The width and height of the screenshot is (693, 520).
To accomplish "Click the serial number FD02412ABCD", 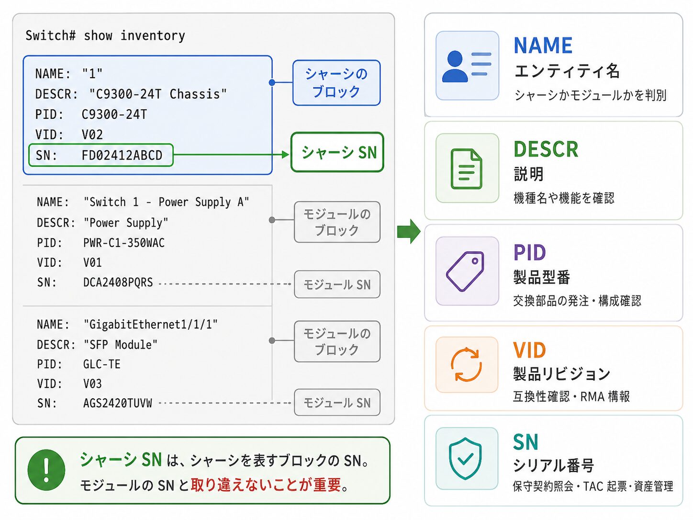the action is point(122,155).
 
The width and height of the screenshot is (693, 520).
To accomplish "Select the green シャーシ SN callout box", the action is point(337,152).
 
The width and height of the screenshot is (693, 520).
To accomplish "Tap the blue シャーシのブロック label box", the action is point(336,83).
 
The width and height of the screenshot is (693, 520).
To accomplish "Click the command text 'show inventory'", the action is point(134,36).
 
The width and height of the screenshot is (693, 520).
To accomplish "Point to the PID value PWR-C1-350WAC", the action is point(124,243).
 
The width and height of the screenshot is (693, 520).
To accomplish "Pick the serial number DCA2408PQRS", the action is point(118,282).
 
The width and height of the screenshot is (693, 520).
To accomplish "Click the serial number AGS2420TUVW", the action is point(117,403).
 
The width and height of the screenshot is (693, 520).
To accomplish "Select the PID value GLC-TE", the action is point(101,364).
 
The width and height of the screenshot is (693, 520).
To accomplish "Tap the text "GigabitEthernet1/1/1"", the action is point(151,325).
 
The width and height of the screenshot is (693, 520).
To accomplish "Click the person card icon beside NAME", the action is point(467,66).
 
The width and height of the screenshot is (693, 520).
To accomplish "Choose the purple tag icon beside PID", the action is point(465,271).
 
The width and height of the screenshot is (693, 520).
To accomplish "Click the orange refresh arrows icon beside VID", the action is point(466,365).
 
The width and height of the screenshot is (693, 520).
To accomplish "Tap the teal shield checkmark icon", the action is point(465,458).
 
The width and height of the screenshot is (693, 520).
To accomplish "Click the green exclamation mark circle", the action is point(46,470).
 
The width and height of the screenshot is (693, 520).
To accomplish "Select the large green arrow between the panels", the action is point(409,231).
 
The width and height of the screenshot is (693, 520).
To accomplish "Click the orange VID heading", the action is point(529,350).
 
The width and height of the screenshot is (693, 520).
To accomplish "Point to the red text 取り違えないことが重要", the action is point(266,485).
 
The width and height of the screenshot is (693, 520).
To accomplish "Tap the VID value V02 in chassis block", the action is point(92,135).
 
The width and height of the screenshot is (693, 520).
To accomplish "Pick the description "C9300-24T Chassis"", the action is point(158,94).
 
